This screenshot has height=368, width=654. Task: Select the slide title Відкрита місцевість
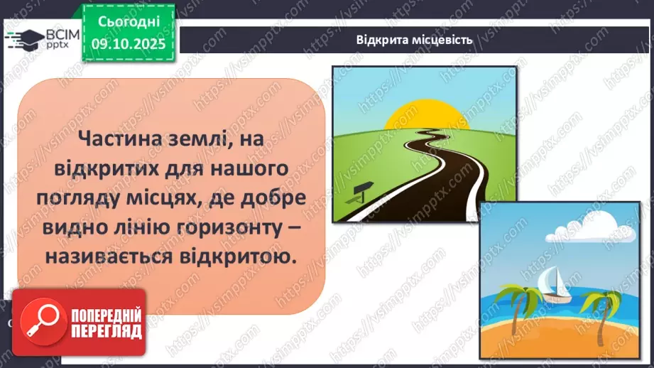tap(414, 39)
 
